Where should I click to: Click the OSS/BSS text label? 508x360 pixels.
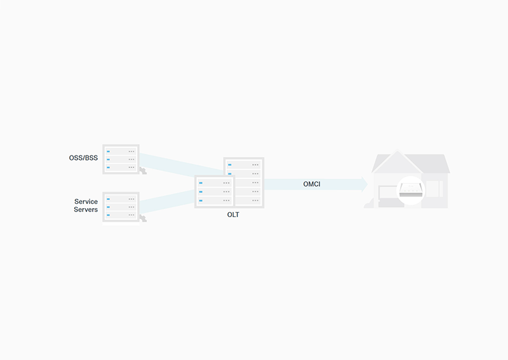coord(83,158)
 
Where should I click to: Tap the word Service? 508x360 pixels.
coord(86,201)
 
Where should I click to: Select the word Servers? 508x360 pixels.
coord(86,210)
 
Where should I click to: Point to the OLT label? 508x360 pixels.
coord(233,215)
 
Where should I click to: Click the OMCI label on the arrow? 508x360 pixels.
coord(312,184)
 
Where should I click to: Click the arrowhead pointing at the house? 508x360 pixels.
coord(364,184)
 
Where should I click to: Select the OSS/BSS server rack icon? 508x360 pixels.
coord(121,159)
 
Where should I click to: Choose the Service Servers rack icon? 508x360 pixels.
coord(121,207)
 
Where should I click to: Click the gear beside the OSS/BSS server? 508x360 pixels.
coord(143,171)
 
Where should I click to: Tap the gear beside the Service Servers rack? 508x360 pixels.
coord(143,218)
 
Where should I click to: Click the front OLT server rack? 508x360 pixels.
coord(214,192)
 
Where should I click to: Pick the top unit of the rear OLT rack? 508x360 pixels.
coord(244,164)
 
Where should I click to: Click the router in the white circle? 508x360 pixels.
coord(411,190)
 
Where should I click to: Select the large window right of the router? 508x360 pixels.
coord(434,189)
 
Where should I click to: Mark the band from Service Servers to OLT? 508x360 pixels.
coord(167,201)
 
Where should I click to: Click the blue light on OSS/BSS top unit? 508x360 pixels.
coord(108,151)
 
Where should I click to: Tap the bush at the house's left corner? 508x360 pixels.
coord(369,204)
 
